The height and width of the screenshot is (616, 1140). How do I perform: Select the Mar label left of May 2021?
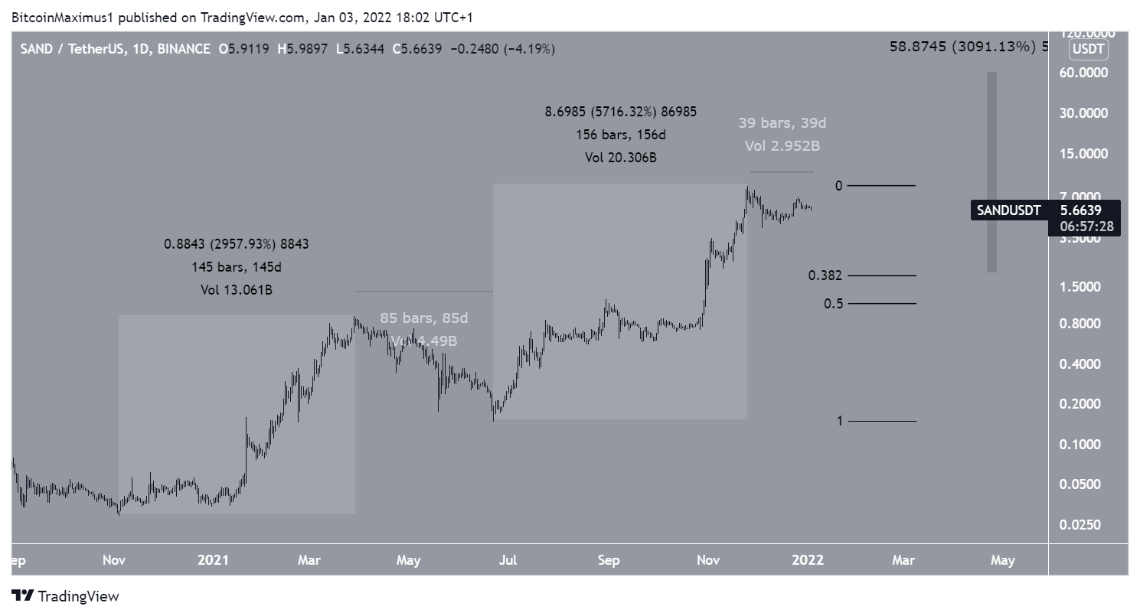tap(309, 560)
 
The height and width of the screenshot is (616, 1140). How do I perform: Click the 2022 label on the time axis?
tap(808, 560)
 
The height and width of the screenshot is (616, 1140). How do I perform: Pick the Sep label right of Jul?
tap(609, 560)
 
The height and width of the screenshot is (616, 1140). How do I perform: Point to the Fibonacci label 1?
tap(839, 421)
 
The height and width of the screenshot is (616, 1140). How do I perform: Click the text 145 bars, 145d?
tap(237, 267)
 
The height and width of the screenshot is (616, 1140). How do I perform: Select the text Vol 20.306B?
tap(621, 158)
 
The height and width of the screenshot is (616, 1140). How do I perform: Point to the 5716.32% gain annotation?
tap(621, 112)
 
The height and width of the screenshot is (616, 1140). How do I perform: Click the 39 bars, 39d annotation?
tap(782, 122)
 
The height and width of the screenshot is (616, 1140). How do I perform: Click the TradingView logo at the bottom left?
tap(66, 596)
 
